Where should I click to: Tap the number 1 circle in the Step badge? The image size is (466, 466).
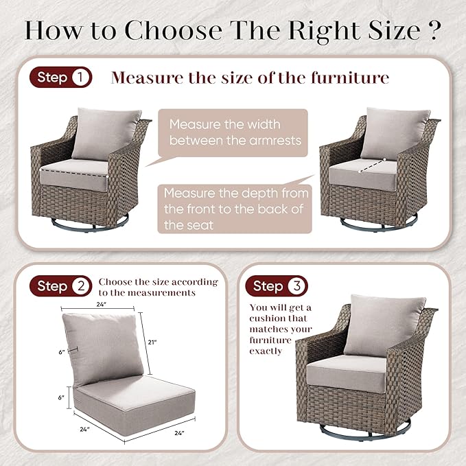(x=80, y=78)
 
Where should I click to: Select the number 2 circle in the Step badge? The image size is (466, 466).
(x=81, y=286)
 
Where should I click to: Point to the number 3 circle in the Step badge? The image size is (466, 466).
(x=296, y=286)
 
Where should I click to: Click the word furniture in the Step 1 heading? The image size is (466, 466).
(x=350, y=78)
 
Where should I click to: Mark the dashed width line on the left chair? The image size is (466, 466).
(x=73, y=173)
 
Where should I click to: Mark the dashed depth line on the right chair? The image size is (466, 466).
(x=372, y=165)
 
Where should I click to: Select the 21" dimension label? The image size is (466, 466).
(x=152, y=342)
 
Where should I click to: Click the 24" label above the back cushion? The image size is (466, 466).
(x=102, y=304)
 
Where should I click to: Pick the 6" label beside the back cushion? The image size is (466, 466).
(x=62, y=352)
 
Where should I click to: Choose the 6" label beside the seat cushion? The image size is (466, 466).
(x=61, y=397)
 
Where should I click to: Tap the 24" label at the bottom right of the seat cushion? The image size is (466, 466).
(x=179, y=433)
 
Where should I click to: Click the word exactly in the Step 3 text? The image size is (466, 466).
(x=266, y=351)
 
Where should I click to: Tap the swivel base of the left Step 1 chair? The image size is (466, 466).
(x=91, y=224)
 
